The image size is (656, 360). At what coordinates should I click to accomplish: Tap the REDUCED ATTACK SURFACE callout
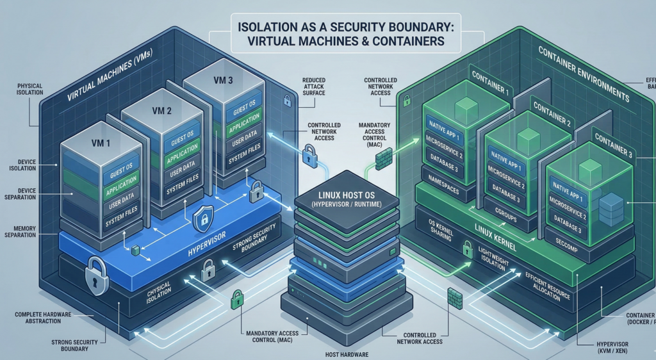(314, 87)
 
